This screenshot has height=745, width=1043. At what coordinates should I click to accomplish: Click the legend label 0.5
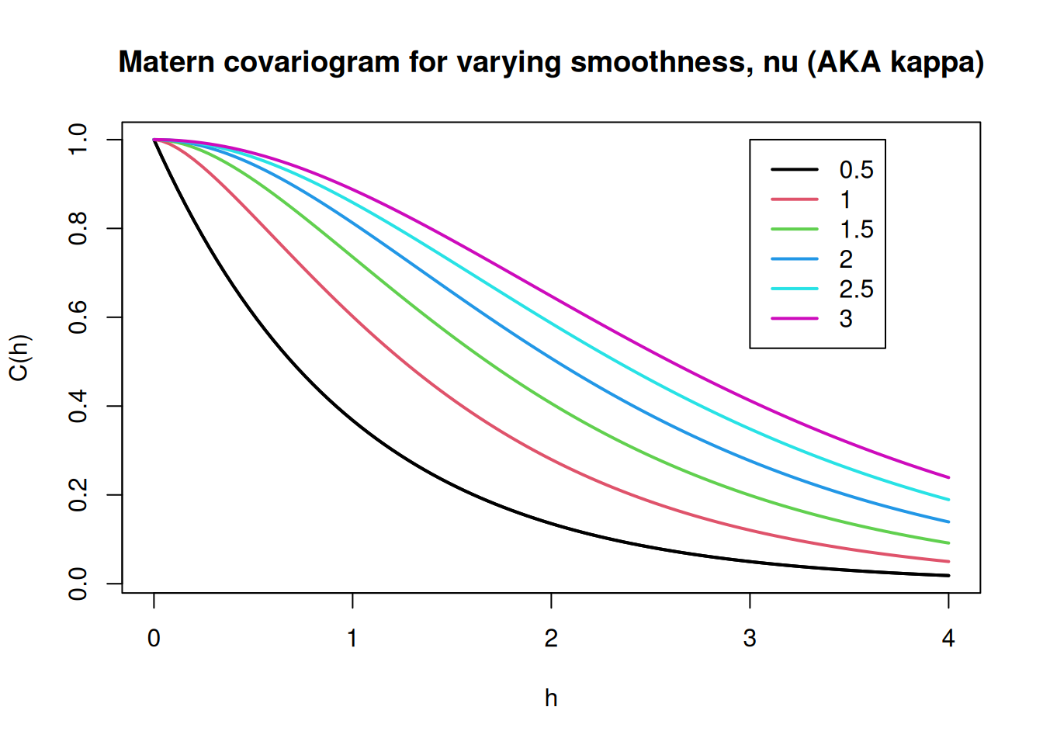click(856, 170)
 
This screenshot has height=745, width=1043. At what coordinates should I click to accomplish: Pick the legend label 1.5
click(856, 230)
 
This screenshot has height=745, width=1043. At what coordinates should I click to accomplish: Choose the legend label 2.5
click(856, 289)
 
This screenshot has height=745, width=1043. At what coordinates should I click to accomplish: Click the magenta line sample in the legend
click(794, 318)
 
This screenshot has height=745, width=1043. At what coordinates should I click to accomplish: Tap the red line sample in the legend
click(794, 199)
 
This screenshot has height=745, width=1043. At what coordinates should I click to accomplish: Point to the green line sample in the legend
click(794, 229)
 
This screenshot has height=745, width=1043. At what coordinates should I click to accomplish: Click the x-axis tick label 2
click(551, 639)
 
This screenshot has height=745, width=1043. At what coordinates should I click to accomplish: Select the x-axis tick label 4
click(948, 639)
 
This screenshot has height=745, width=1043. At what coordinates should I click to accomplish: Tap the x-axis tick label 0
click(154, 639)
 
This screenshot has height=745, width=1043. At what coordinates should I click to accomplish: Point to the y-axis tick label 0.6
click(78, 317)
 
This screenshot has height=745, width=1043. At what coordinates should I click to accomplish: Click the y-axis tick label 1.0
click(78, 140)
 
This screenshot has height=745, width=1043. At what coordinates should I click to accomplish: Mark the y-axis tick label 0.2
click(78, 495)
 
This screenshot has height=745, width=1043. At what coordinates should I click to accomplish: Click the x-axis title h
click(551, 698)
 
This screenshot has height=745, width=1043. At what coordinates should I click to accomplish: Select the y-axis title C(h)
click(19, 358)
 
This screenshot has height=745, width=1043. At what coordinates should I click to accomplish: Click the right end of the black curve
click(948, 575)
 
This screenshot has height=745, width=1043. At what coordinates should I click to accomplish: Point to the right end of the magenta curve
click(948, 477)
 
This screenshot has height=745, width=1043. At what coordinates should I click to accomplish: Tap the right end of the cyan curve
click(948, 500)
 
